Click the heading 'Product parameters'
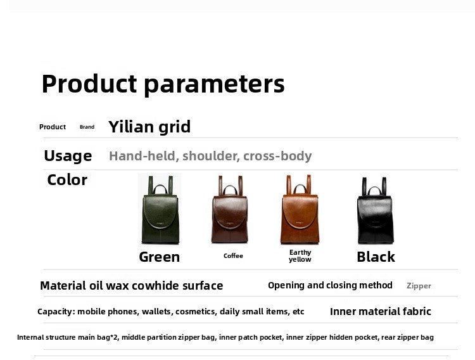(x=163, y=84)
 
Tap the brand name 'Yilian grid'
(x=149, y=127)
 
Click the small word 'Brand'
(x=87, y=127)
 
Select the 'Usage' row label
(x=68, y=156)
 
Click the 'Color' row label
(x=67, y=180)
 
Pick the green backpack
(x=160, y=210)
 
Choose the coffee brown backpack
(x=230, y=209)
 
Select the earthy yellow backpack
(x=300, y=209)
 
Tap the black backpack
(x=376, y=210)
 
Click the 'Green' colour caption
(x=160, y=257)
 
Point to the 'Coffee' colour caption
(x=233, y=255)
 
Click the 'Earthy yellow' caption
(x=300, y=255)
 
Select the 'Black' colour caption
(x=376, y=257)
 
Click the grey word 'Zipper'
(x=419, y=286)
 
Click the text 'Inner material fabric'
(x=381, y=311)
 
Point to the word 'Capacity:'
(x=56, y=311)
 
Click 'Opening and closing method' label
(x=330, y=285)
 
